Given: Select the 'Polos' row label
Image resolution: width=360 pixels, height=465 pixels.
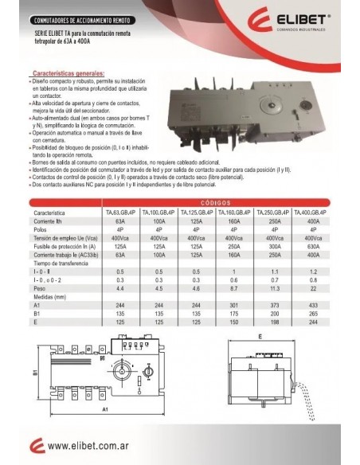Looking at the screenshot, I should pos(39,231).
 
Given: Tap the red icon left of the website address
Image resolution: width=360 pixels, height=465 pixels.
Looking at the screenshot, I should pos(33,446).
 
